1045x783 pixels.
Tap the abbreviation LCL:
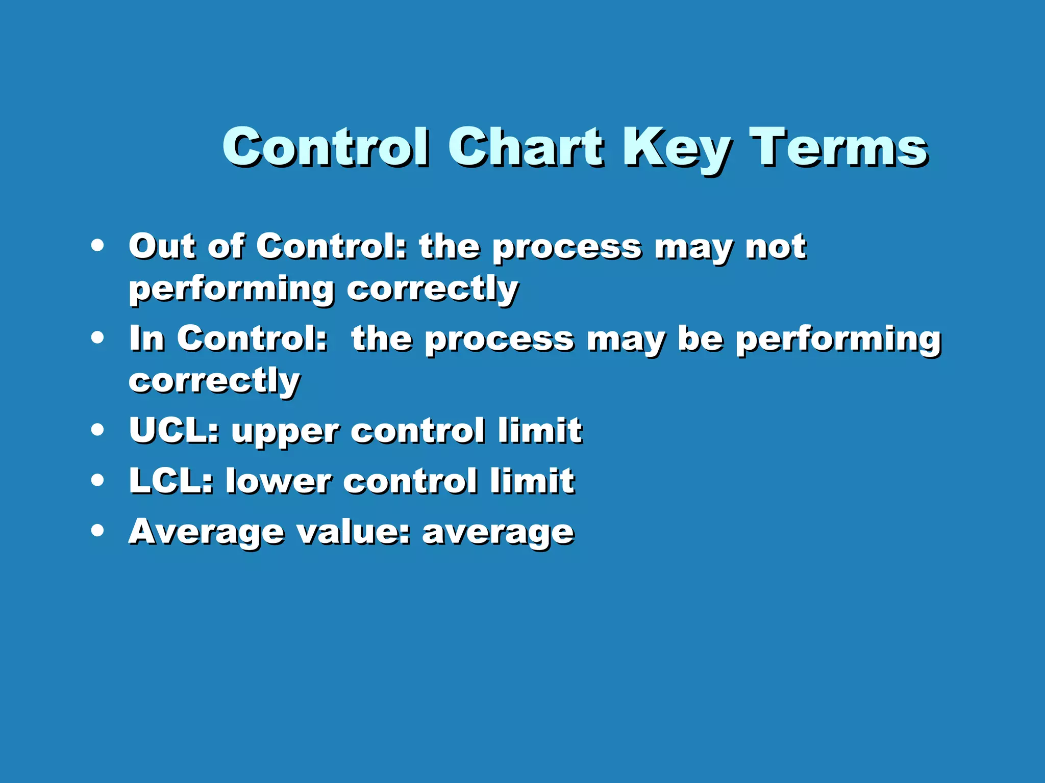171,481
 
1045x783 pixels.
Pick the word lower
279,481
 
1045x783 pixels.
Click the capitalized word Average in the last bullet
206,532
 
